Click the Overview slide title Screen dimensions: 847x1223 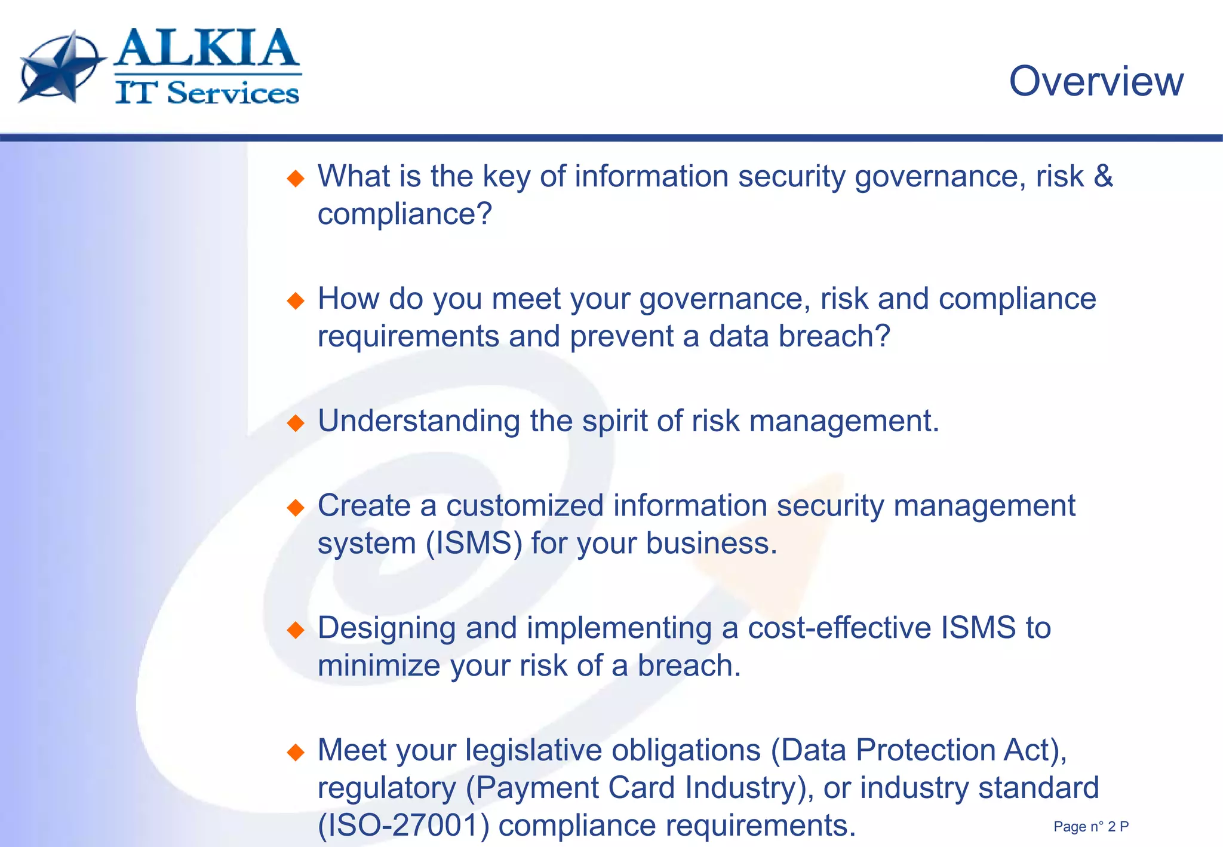pos(1096,81)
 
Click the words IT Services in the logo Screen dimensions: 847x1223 pos(207,93)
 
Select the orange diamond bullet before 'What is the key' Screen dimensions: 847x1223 pos(296,178)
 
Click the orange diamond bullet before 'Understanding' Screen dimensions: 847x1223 pos(296,423)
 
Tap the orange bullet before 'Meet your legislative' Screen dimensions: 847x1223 pos(296,751)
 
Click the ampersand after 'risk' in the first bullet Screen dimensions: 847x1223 pos(1103,176)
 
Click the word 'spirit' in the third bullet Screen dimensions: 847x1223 pos(614,421)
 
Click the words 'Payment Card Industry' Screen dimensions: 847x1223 pos(638,788)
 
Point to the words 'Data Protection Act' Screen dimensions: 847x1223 pos(914,750)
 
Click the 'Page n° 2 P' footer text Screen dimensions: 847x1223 pos(1090,827)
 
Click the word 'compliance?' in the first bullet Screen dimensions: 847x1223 pos(404,214)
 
